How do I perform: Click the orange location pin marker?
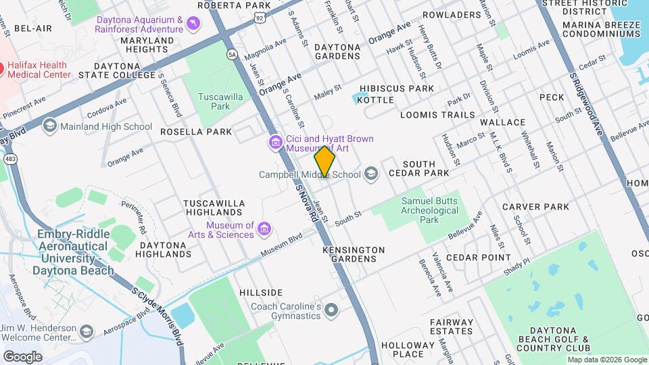(325, 161)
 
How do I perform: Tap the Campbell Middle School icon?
(370, 174)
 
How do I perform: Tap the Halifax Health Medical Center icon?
(1, 68)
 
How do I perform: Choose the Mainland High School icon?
(49, 126)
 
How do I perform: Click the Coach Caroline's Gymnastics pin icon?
(331, 310)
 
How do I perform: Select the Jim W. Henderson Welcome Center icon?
(87, 331)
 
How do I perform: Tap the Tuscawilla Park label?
(216, 101)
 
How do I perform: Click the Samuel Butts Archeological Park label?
(430, 210)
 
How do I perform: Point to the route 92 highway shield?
(260, 19)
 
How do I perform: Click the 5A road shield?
(233, 53)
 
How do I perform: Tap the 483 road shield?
(10, 158)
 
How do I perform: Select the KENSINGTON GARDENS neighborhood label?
(354, 254)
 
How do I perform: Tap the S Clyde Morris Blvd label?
(157, 315)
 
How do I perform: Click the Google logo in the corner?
(22, 356)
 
